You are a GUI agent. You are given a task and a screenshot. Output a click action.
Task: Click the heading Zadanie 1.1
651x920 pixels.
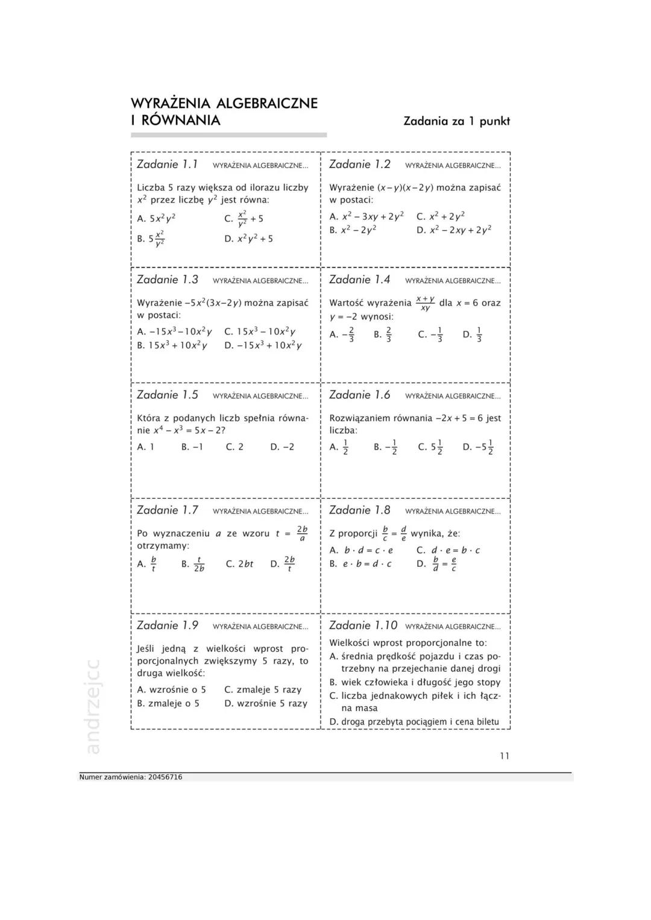[168, 164]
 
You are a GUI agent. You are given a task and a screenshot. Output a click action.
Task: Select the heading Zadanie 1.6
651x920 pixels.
[360, 395]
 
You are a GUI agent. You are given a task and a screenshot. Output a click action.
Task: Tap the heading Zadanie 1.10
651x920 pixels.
[363, 625]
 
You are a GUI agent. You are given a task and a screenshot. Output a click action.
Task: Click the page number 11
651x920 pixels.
[505, 756]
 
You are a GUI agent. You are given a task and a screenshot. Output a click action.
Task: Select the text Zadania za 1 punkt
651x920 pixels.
[456, 121]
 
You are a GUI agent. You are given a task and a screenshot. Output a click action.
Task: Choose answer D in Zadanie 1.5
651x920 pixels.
[282, 447]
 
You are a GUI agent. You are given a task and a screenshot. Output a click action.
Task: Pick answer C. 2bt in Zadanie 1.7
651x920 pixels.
[239, 564]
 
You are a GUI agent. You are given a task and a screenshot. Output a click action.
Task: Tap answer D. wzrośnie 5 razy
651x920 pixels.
[265, 704]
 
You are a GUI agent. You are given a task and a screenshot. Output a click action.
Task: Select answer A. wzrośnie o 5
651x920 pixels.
[171, 690]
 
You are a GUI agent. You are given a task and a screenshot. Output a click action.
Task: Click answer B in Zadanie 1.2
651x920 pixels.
[353, 230]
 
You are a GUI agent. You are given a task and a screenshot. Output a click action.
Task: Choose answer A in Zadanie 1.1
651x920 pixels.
[157, 219]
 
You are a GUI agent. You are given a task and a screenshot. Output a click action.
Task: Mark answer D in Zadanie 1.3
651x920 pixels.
[263, 346]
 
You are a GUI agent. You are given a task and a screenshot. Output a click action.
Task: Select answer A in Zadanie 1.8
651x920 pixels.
[361, 551]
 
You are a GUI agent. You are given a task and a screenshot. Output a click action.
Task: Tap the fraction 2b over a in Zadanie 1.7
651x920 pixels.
[302, 533]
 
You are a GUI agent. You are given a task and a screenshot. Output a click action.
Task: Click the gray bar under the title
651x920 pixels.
[228, 135]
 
